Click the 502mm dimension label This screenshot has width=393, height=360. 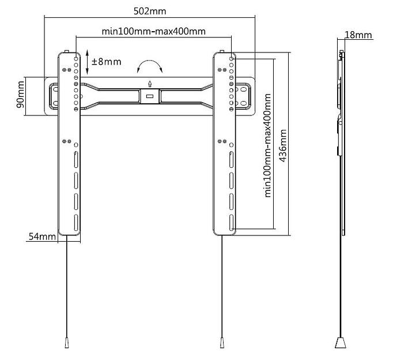pos(150,12)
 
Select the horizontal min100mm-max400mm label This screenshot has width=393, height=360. pos(153,31)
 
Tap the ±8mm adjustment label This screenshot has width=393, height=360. pos(106,62)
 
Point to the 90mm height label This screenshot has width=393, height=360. pos(21,95)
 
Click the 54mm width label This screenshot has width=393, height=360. pos(42,237)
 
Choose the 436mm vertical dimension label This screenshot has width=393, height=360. pos(283,146)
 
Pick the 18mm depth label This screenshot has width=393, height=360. pos(358,35)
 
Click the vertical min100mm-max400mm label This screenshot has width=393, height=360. pos(268,145)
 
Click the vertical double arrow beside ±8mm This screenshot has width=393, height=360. pos(87,62)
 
